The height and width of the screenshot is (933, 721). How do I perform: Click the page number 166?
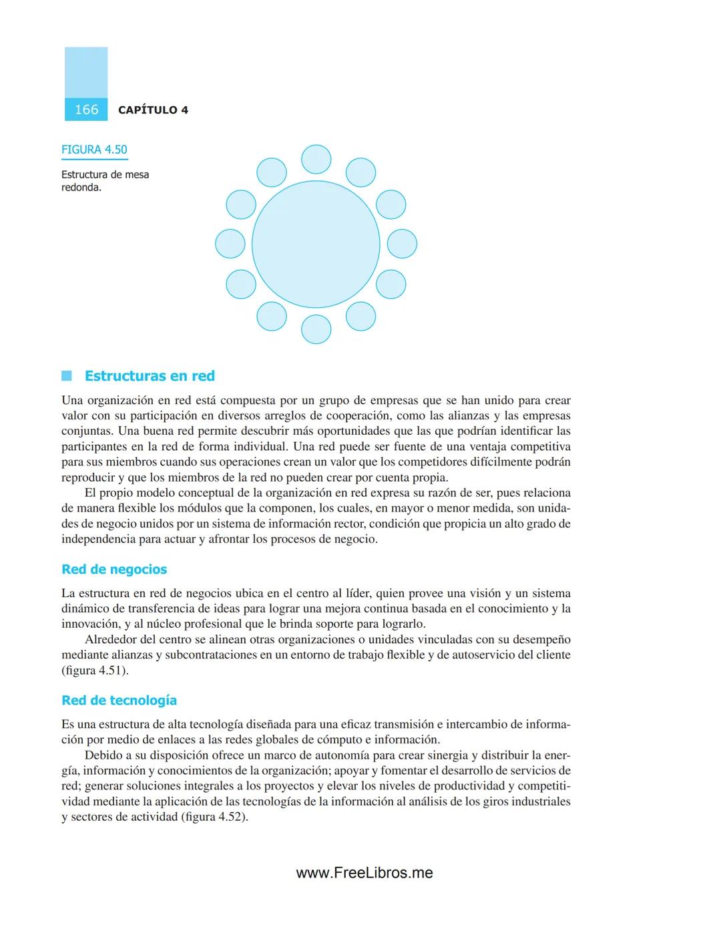86,110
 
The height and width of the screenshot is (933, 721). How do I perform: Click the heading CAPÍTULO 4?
153,110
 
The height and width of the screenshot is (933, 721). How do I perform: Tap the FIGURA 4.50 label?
94,150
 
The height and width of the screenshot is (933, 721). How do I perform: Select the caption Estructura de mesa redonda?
105,181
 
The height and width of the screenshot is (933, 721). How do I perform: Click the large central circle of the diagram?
316,244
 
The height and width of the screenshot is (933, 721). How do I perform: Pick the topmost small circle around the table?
316,160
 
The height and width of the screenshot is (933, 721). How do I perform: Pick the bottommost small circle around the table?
316,329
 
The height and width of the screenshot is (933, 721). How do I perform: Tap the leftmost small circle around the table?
230,244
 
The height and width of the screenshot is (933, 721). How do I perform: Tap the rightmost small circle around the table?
402,244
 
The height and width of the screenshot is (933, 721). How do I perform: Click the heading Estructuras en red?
150,376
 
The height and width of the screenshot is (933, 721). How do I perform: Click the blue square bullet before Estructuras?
67,376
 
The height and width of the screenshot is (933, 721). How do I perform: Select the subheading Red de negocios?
114,570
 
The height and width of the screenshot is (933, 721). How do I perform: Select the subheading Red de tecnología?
119,701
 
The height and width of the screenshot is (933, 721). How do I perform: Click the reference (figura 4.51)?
95,671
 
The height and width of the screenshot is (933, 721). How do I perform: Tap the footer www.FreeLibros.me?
365,873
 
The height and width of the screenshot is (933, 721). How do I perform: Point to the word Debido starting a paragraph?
103,755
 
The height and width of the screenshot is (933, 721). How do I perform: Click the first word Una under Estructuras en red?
72,401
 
